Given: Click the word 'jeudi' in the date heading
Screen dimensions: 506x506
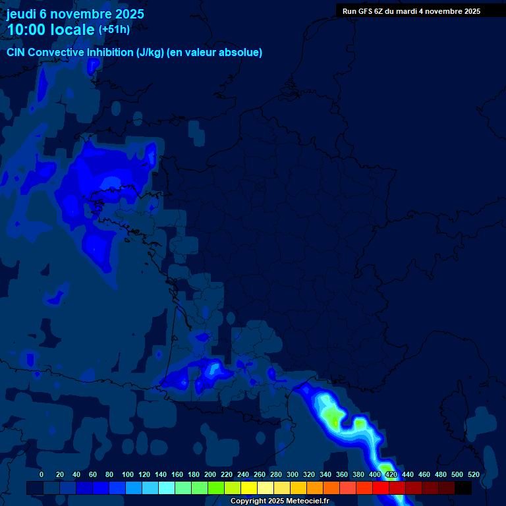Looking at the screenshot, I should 22,14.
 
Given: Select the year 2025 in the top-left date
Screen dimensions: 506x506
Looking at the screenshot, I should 128,14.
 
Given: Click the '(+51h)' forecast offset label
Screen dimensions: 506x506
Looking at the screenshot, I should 114,30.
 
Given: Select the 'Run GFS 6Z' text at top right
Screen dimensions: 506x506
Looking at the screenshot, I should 363,11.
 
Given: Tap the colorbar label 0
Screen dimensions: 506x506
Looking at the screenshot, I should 42,474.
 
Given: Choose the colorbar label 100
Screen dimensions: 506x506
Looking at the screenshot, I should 128,474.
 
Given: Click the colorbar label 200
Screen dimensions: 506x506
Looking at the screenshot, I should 210,474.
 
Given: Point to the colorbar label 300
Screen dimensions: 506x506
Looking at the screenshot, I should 293,474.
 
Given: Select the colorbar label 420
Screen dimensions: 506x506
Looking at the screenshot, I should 391,474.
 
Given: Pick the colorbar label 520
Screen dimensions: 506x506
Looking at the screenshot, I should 473,474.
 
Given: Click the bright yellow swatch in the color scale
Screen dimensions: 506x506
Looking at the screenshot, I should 249,488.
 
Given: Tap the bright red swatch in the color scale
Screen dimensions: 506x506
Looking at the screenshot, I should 381,488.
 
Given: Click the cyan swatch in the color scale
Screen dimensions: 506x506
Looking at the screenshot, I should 167,488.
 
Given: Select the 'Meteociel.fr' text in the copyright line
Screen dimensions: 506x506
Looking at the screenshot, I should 307,501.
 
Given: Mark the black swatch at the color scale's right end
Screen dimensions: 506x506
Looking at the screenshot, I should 463,488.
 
